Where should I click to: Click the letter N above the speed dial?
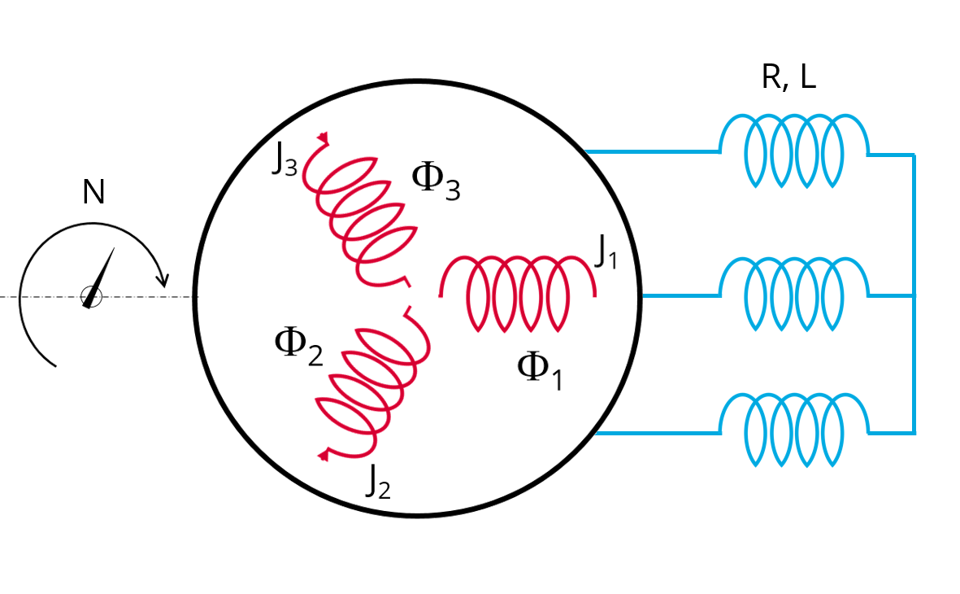93,193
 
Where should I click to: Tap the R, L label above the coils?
788,77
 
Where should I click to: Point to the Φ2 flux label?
298,347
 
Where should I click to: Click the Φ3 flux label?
436,181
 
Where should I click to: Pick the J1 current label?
606,254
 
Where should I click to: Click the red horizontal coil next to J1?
518,293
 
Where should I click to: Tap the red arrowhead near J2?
324,454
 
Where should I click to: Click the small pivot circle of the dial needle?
91,298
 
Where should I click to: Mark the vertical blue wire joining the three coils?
914,293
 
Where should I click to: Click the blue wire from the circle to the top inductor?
650,151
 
